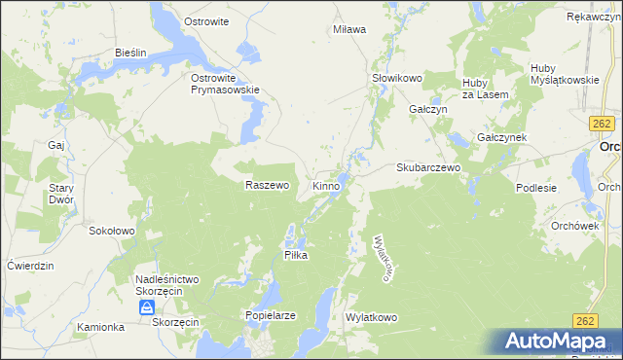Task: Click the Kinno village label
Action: point(326,185)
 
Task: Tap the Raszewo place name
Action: point(267,185)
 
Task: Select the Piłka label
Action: point(295,255)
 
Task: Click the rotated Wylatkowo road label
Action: point(383,257)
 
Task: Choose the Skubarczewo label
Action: point(427,167)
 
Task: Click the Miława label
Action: point(349,29)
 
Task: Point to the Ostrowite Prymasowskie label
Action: point(225,84)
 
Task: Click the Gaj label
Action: point(55,145)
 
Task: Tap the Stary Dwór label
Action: point(60,194)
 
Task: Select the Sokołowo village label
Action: point(111,232)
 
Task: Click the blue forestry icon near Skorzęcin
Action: point(146,307)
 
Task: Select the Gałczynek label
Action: point(501,138)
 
